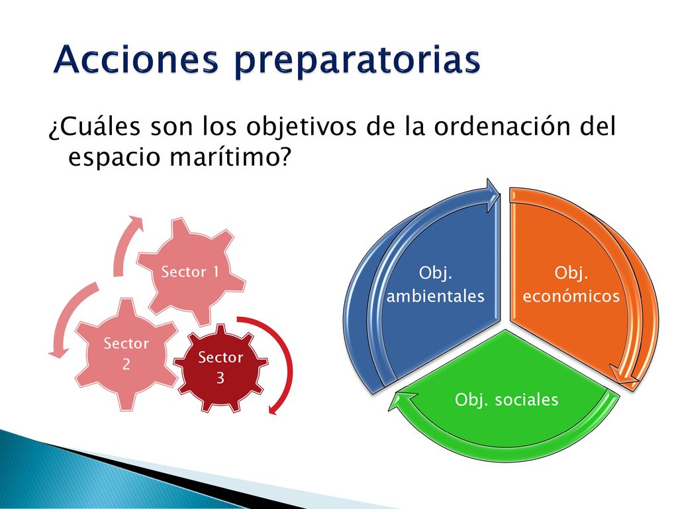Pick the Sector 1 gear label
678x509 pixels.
coord(190,272)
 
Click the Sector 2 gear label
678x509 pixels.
coord(126,353)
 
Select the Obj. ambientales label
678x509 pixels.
coord(436,284)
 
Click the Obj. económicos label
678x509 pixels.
coord(571,284)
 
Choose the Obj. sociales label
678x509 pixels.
coord(507,400)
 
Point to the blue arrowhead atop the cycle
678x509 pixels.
coord(493,195)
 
